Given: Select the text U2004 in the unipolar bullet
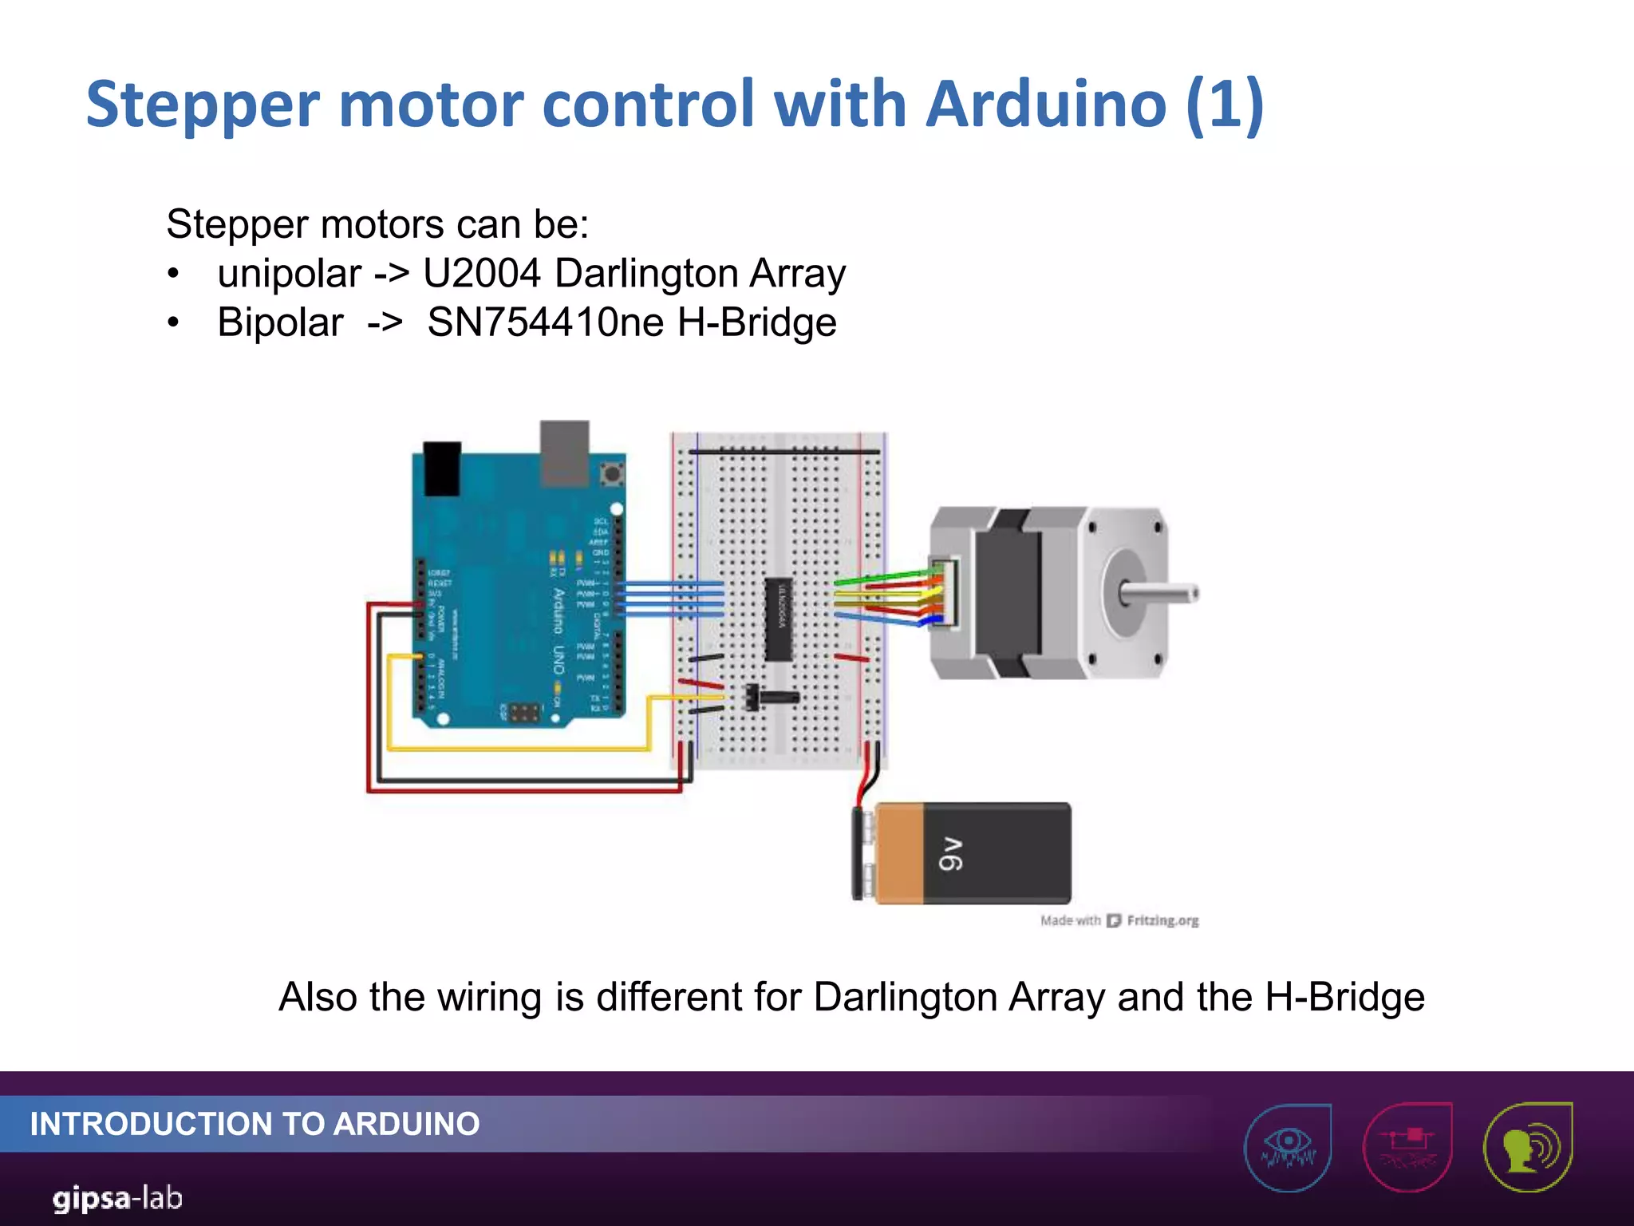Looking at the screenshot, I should [x=482, y=274].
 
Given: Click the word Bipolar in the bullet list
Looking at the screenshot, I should [x=280, y=323].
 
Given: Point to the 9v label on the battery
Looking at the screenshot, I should [x=950, y=853].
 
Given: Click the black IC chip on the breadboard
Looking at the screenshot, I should [x=779, y=619].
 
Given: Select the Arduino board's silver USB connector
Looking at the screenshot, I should [x=565, y=453].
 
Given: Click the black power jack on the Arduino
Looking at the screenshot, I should [x=441, y=468].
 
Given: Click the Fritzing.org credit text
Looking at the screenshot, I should [x=1162, y=920].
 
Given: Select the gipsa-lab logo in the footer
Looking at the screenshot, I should [x=118, y=1198].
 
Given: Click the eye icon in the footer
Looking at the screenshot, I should [x=1288, y=1146].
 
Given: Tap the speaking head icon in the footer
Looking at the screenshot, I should [x=1528, y=1146].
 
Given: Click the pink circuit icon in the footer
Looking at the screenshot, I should [x=1408, y=1146].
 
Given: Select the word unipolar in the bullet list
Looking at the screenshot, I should [x=289, y=274].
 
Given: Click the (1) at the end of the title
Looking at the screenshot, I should [x=1225, y=104].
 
